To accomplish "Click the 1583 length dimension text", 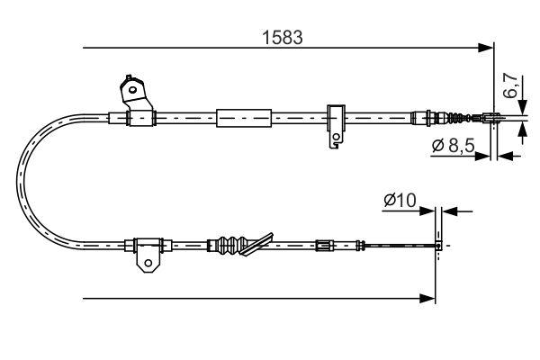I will (x=281, y=38).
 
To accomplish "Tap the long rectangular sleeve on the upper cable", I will (x=244, y=117).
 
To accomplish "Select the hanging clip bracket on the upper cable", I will (x=335, y=125).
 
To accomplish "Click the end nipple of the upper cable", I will (x=491, y=116).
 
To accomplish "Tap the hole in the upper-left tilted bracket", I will (x=130, y=90).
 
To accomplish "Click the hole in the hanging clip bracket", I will (x=336, y=138).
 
